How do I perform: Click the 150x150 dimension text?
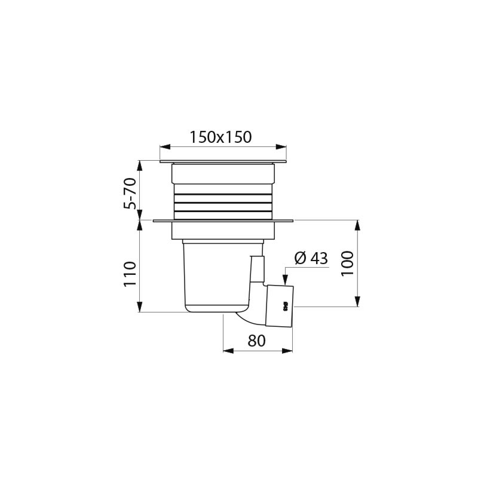pos(220,137)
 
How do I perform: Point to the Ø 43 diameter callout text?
pos(311,259)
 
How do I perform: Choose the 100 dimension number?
pos(348,263)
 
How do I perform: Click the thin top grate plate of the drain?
pos(223,161)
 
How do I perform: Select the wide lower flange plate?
pos(223,221)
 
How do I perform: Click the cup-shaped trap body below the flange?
pos(215,275)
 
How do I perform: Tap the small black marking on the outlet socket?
pos(286,305)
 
